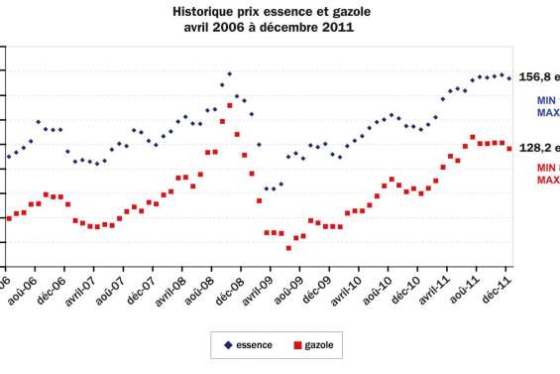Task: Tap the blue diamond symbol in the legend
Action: (x=229, y=345)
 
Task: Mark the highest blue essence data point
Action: (x=230, y=74)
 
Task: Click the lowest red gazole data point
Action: (x=288, y=248)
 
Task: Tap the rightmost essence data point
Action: (x=509, y=78)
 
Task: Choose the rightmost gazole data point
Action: (x=509, y=149)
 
